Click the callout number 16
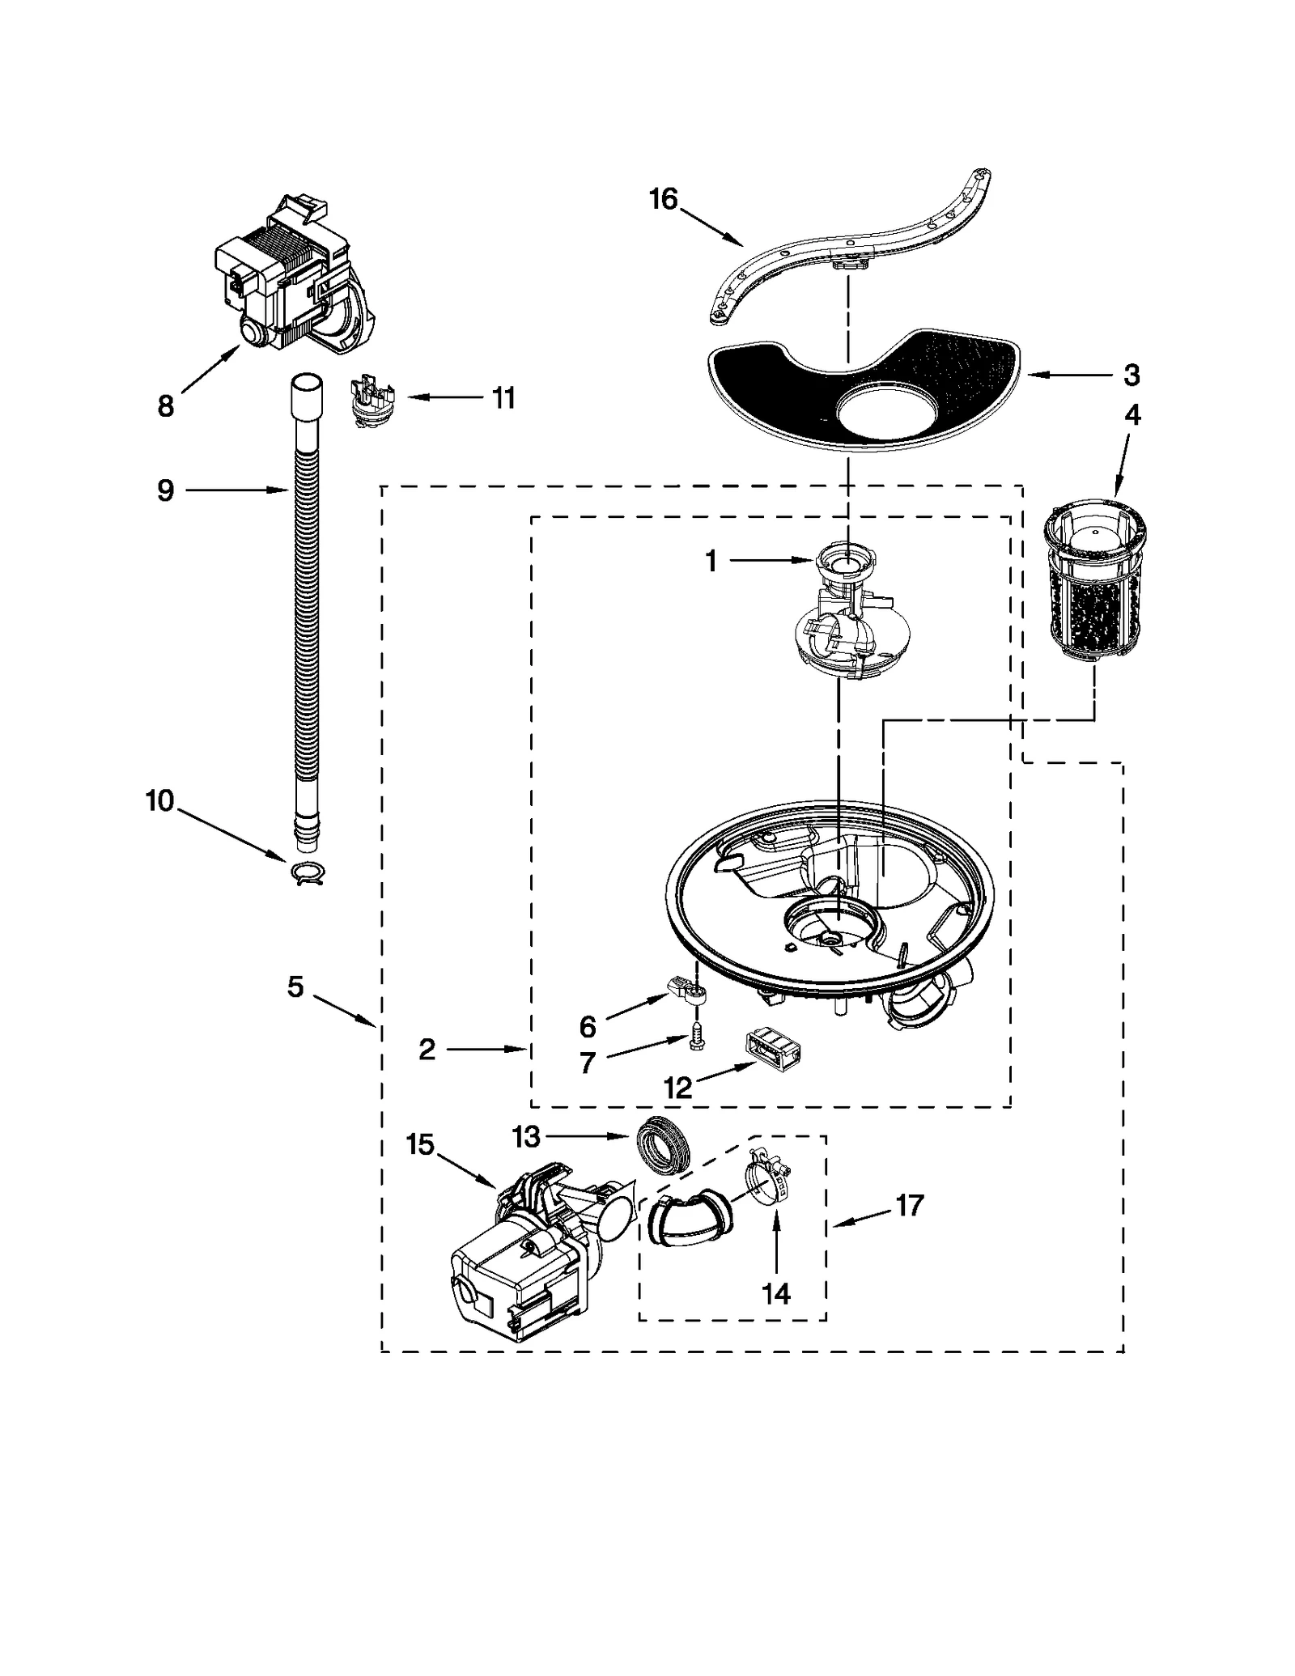point(663,199)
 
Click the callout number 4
point(1132,415)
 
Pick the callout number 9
point(165,490)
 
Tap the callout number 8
point(165,406)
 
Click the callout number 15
point(420,1145)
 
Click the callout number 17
point(909,1206)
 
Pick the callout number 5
point(295,987)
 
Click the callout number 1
point(711,561)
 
